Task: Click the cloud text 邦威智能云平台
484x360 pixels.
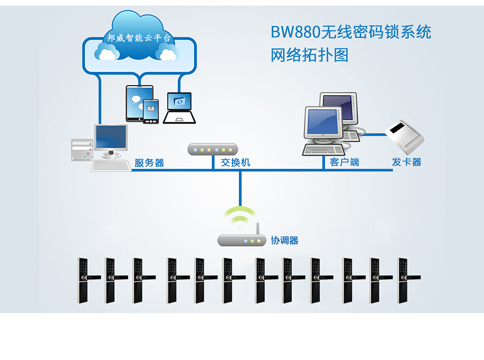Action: click(140, 38)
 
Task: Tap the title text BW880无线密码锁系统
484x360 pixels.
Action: click(351, 32)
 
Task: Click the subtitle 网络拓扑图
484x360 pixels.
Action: click(309, 55)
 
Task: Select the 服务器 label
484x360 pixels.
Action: click(149, 163)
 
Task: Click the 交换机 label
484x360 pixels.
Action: click(235, 163)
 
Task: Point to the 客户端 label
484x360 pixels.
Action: click(344, 162)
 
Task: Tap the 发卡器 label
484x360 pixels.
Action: click(407, 162)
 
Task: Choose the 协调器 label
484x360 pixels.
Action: click(284, 240)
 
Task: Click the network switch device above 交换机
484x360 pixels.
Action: click(212, 149)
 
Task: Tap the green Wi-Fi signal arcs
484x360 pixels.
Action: click(240, 216)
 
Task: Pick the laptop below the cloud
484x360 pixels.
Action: click(179, 108)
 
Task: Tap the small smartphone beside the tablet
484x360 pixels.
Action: click(151, 110)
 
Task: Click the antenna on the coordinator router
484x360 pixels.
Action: click(258, 228)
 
